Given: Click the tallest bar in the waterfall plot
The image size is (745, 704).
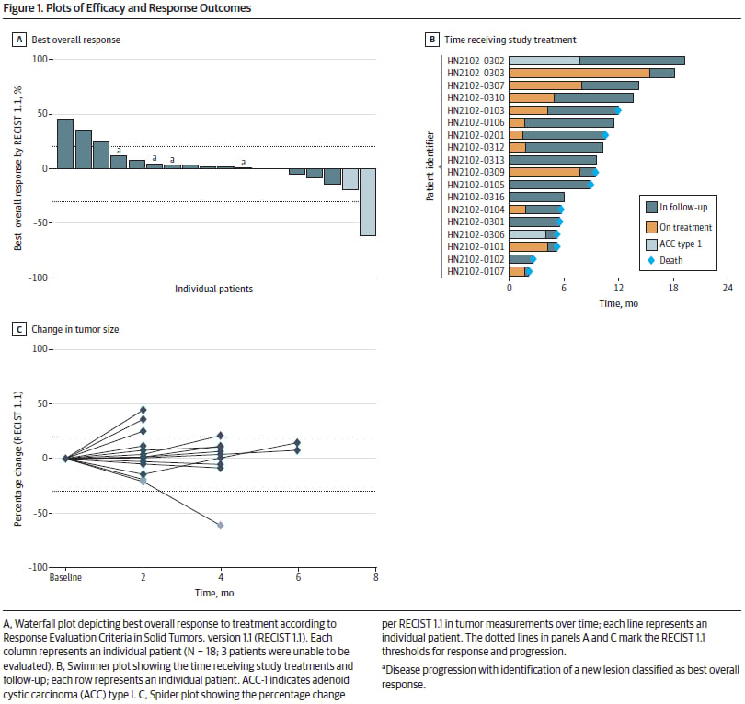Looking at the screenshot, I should (x=64, y=144).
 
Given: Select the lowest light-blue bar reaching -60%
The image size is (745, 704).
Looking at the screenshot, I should (x=367, y=202).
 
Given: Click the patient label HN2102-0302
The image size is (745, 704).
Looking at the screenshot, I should (x=476, y=61).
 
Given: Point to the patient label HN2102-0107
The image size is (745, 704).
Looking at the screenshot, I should (x=476, y=271).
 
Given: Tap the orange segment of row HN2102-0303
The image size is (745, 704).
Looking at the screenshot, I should (x=579, y=73).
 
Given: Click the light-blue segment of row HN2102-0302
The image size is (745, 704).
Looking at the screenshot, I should (x=544, y=61).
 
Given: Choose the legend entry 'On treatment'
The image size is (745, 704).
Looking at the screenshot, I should (x=677, y=227).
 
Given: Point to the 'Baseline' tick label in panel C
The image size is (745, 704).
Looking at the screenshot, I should (x=64, y=577).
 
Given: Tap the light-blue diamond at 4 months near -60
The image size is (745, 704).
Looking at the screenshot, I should (x=221, y=525).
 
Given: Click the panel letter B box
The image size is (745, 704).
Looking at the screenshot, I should (x=431, y=40).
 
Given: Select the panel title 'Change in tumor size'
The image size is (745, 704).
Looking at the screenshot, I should (x=74, y=329).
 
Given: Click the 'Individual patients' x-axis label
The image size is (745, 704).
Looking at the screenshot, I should (x=214, y=290).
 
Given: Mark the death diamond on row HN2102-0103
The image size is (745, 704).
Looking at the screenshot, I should (x=618, y=110).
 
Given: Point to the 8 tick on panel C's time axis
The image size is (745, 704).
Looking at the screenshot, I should (x=375, y=577).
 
